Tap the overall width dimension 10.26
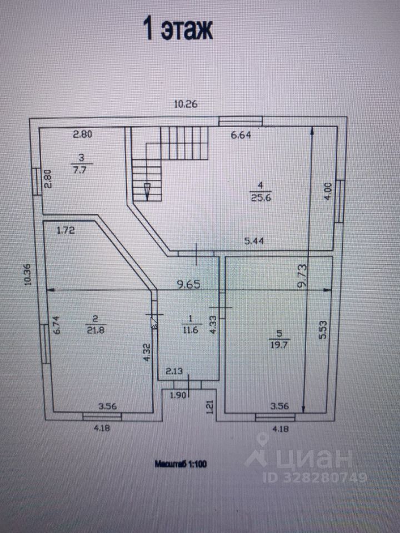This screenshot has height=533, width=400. coord(186,103)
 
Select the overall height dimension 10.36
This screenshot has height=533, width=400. coord(28,274)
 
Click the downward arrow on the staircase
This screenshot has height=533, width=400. coord(147,190)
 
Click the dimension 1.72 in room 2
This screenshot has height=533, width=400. coord(66,228)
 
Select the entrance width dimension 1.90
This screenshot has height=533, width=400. coord(177,395)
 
